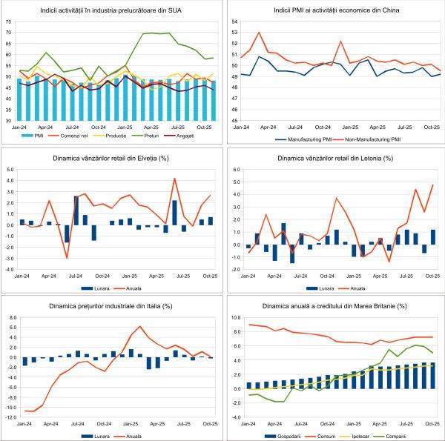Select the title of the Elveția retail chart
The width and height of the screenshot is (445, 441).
pyautogui.click(x=111, y=159)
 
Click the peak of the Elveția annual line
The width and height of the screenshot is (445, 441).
pyautogui.click(x=174, y=178)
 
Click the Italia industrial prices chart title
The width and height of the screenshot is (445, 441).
pyautogui.click(x=111, y=305)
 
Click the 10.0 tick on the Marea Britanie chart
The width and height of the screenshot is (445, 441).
pyautogui.click(x=236, y=316)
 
